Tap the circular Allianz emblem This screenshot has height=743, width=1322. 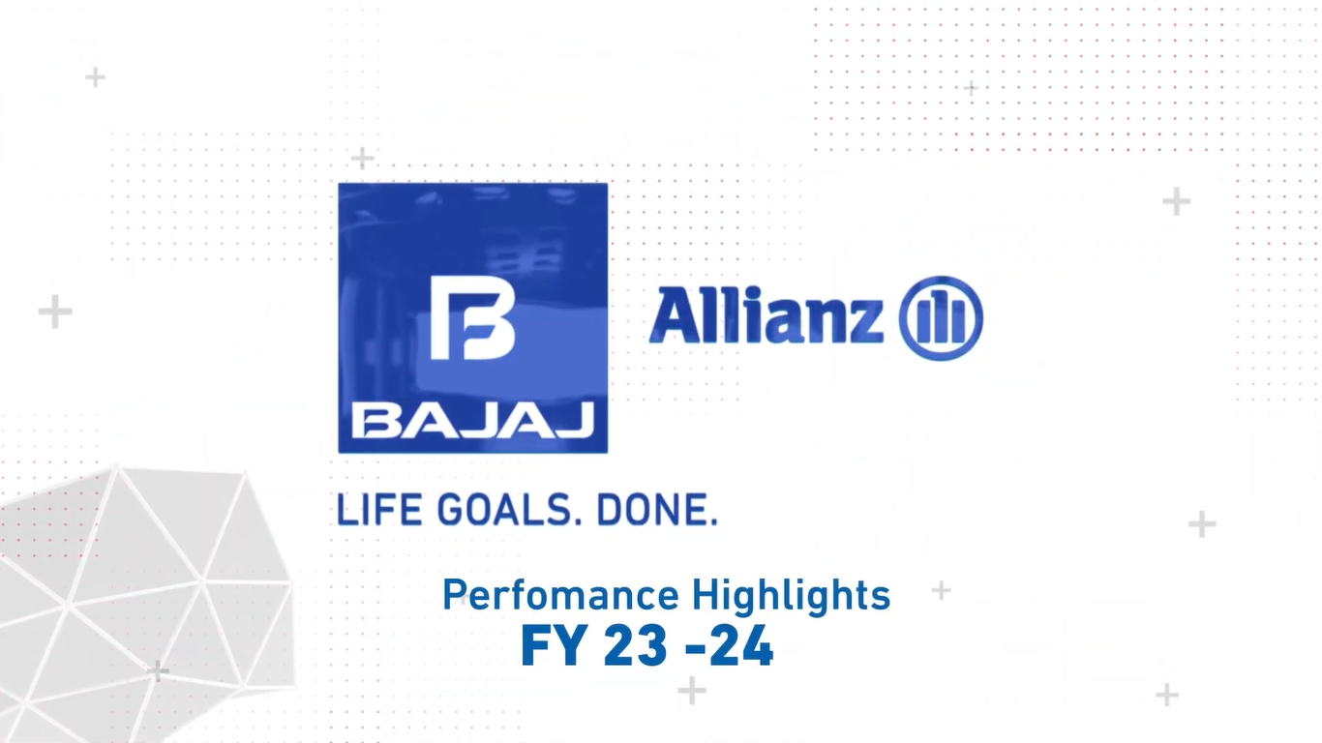click(941, 318)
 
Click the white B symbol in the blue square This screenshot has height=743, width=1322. click(472, 317)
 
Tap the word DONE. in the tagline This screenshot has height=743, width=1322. click(657, 511)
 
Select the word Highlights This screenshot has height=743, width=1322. click(791, 595)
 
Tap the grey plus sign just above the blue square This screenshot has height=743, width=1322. click(362, 158)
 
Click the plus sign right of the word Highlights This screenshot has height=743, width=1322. click(941, 590)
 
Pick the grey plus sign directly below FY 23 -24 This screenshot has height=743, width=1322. click(692, 691)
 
